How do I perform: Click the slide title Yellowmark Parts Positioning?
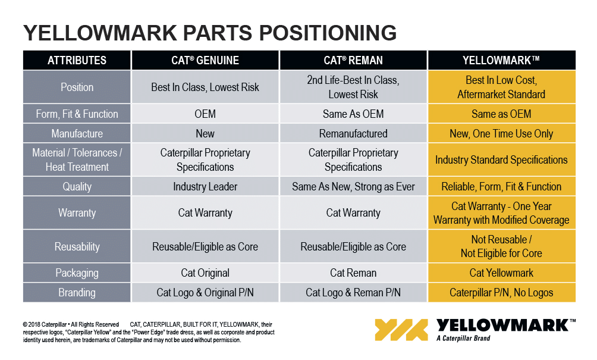point(210,33)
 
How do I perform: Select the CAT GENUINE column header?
point(205,60)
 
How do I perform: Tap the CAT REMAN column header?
point(353,60)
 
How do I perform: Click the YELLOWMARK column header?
point(501,60)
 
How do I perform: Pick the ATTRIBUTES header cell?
point(77,60)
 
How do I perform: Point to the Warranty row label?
point(77,212)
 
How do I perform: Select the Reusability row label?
point(77,246)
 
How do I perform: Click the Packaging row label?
point(77,273)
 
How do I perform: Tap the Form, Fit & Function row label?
point(77,114)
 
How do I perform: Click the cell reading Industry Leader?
point(205,187)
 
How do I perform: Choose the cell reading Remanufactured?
point(353,134)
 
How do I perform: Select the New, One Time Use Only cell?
point(501,134)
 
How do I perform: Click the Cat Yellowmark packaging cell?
point(501,273)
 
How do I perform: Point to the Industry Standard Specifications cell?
point(501,159)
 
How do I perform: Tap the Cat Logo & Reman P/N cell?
point(353,293)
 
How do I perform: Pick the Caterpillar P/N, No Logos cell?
point(501,293)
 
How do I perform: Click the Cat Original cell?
point(205,273)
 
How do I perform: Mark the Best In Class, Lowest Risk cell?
point(205,87)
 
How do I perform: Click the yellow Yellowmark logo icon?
point(401,330)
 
